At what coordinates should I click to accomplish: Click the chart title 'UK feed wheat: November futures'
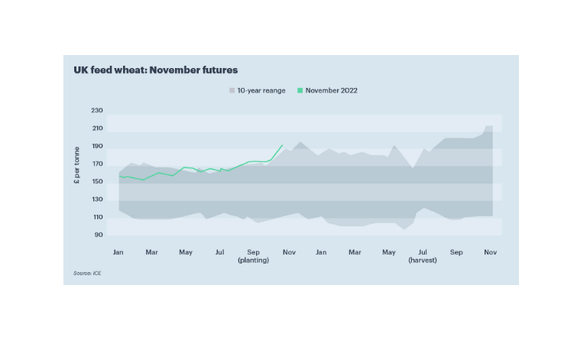coord(155,70)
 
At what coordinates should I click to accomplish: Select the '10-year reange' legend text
coord(261,90)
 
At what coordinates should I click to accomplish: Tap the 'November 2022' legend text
coord(332,90)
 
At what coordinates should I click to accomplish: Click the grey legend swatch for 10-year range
coord(232,90)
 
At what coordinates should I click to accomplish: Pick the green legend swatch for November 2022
coord(300,90)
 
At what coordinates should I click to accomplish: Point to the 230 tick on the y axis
coord(96,111)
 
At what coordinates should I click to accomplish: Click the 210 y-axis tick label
coord(96,128)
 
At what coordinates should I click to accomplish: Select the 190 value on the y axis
coord(96,146)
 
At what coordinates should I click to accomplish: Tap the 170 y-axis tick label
coord(96,164)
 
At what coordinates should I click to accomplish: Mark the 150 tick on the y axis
coord(96,181)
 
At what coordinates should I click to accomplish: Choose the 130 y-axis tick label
coord(96,199)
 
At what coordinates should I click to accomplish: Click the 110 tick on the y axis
coord(96,217)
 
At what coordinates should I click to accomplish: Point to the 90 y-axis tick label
coord(98,235)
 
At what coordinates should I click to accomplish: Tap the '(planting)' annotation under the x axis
coord(254,260)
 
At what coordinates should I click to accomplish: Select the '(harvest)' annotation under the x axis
coord(422,260)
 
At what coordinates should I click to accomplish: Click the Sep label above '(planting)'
coord(254,251)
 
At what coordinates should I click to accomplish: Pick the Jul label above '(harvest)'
coord(422,251)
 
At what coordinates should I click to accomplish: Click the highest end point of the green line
coord(283,144)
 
